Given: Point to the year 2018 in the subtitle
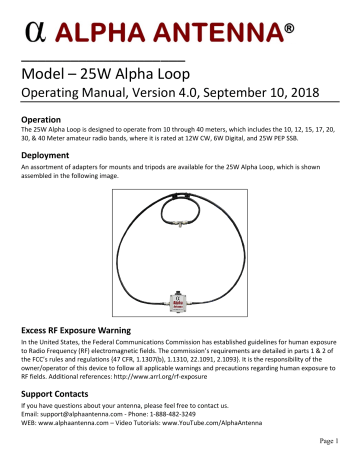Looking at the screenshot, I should pos(319,99).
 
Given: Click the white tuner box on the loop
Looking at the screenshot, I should pos(180,300).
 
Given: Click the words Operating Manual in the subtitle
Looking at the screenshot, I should pos(88,99).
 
